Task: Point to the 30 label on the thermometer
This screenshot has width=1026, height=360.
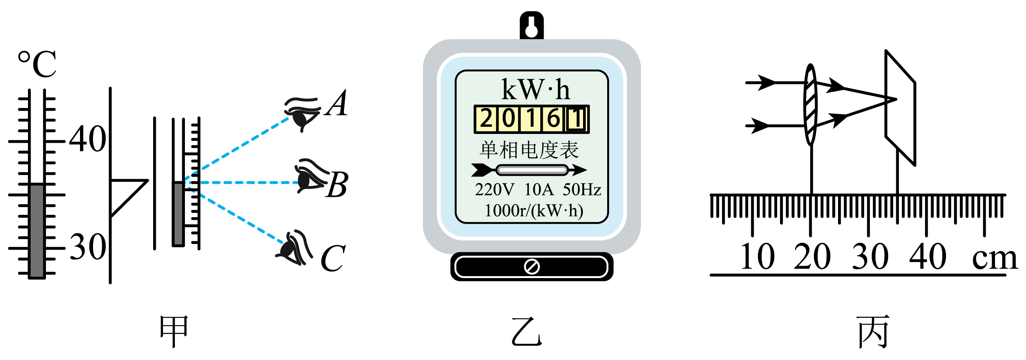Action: pos(88,247)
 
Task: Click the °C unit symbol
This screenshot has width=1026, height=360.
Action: pos(37,64)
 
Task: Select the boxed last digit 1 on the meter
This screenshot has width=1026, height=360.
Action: pos(576,119)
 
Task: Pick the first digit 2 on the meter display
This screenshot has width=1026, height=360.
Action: pos(486,119)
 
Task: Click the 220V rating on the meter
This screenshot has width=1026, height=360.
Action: pos(495,190)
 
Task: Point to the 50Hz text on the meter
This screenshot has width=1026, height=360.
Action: pos(582,190)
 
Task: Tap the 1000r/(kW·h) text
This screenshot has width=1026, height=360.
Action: pos(534,211)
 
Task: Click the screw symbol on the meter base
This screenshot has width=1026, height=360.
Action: pos(532,267)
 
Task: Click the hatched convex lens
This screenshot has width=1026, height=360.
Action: pos(810,104)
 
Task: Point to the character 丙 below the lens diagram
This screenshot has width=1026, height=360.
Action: pos(873,331)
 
